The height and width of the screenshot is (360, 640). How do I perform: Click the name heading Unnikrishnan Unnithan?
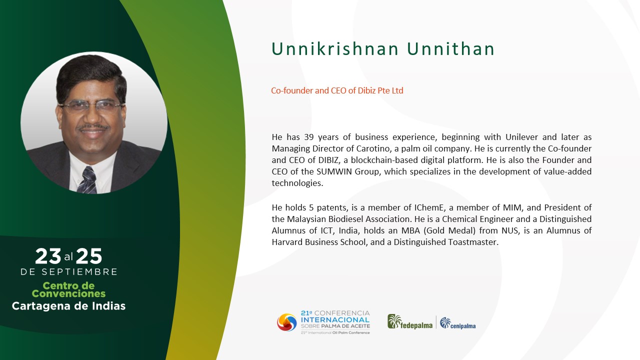[x=383, y=49]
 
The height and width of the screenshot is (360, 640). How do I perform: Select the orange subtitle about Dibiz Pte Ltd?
[x=337, y=90]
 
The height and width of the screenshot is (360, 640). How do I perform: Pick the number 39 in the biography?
[x=309, y=137]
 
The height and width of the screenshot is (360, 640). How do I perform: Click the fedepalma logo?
[x=410, y=322]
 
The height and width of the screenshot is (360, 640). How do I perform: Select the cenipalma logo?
[x=457, y=323]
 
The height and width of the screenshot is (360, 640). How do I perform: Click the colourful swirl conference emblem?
[x=287, y=322]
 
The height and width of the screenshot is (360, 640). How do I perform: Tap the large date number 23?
[x=48, y=256]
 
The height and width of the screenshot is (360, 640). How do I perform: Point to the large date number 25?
[x=89, y=256]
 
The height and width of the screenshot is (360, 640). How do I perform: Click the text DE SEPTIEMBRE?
[x=69, y=271]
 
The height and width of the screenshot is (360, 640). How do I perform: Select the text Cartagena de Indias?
[x=68, y=306]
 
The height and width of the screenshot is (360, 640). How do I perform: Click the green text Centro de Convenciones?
[x=68, y=289]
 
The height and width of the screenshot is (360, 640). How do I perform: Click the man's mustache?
[x=93, y=127]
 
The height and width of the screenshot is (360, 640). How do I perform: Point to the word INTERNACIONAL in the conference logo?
[x=335, y=319]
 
